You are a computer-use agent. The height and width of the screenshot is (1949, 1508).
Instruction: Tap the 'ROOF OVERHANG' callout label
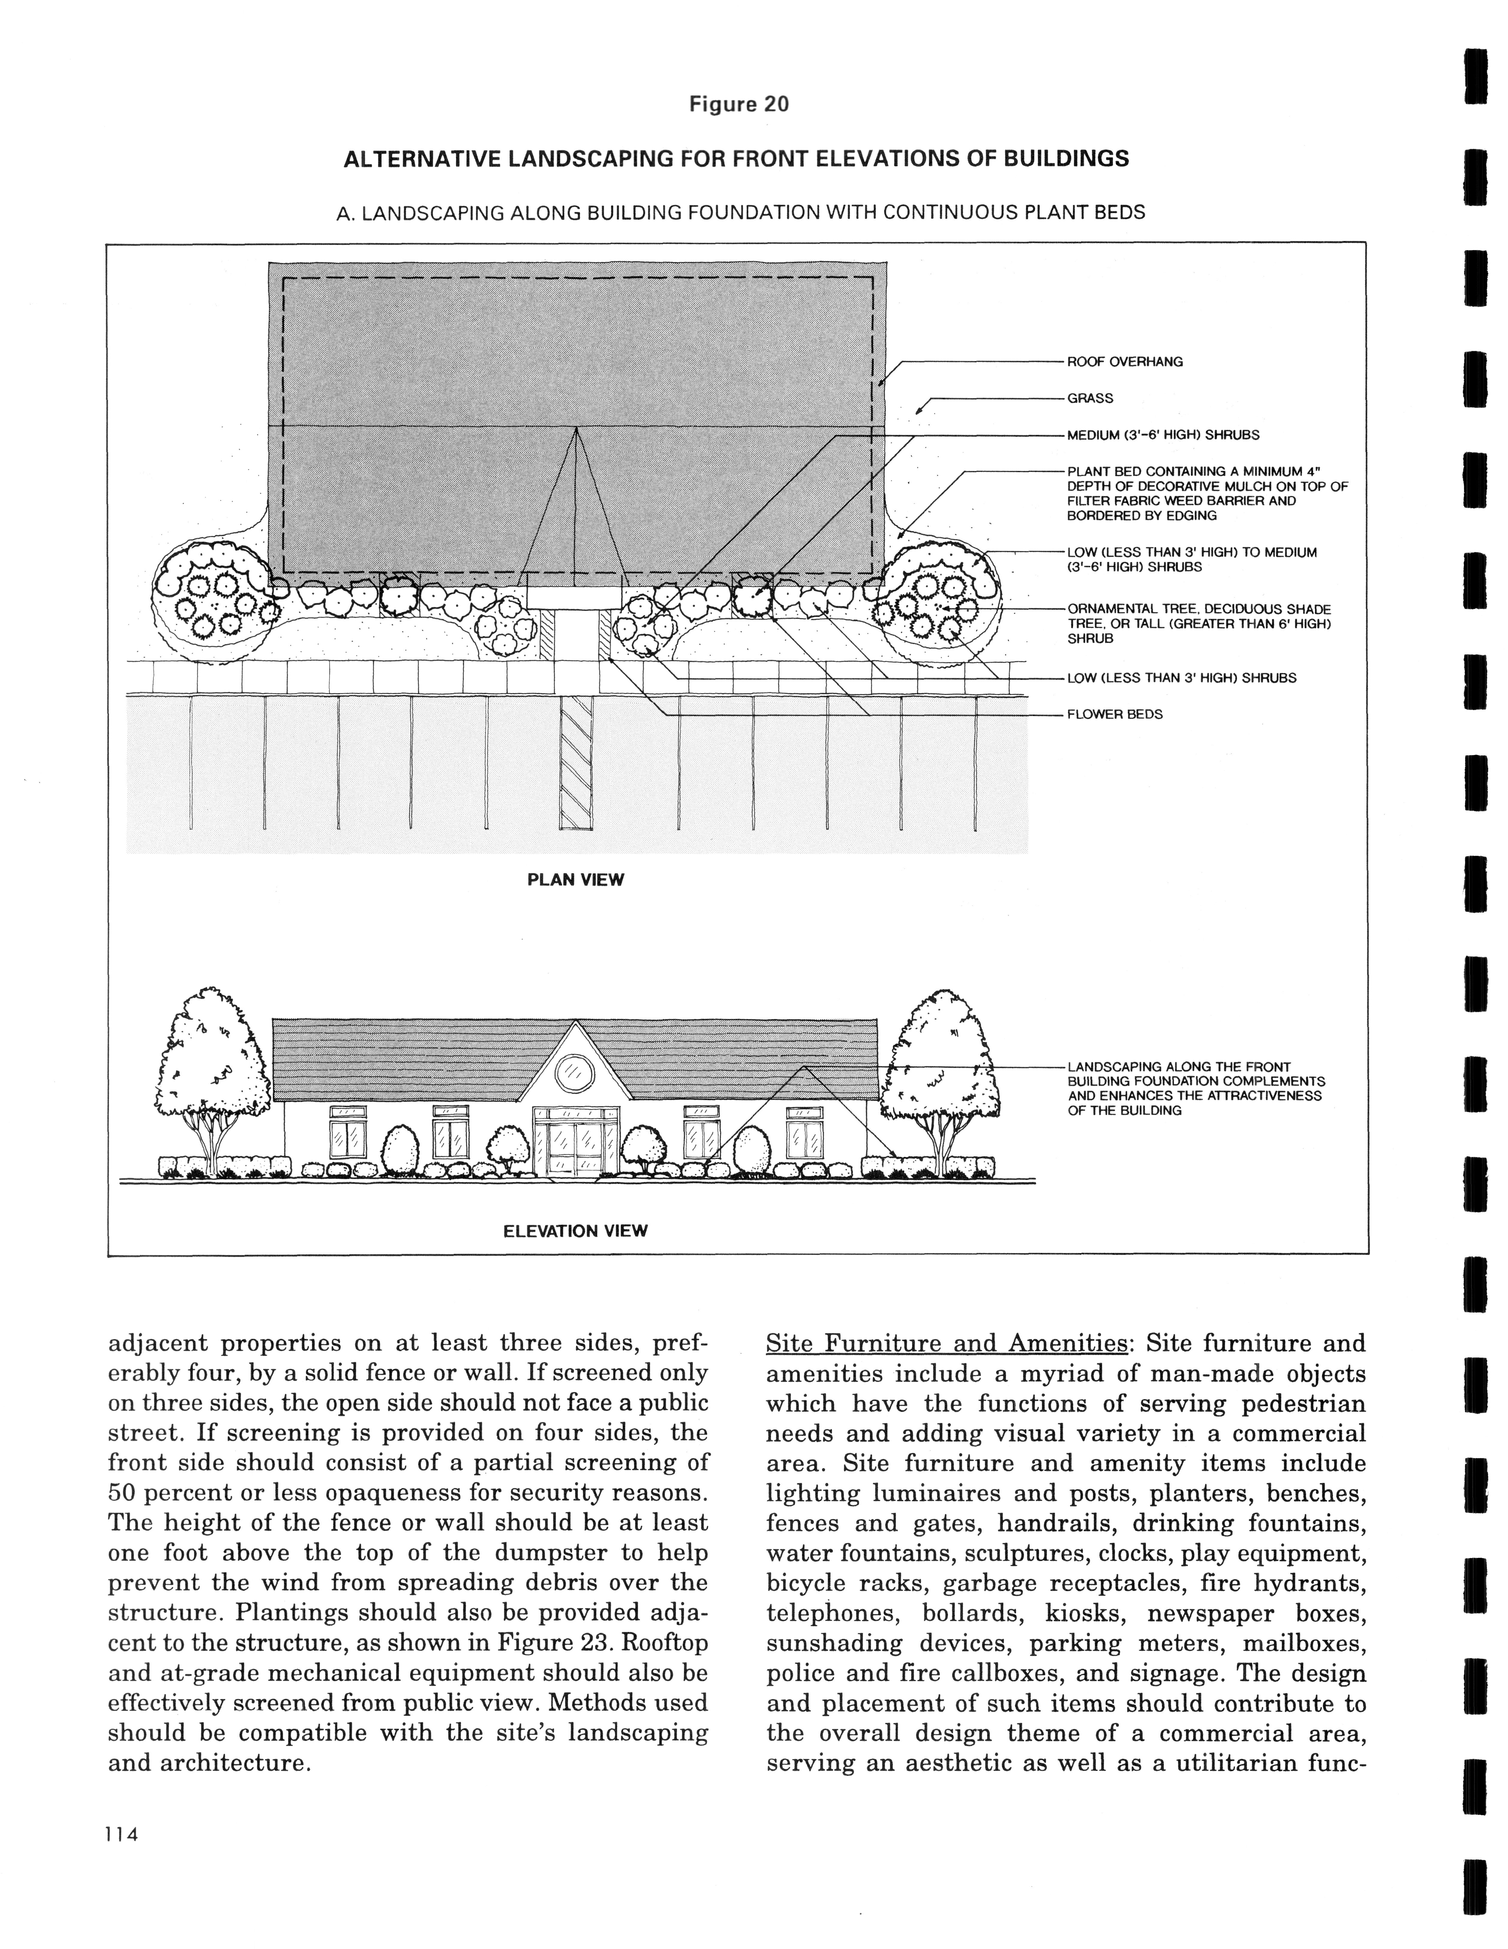tap(1124, 361)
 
